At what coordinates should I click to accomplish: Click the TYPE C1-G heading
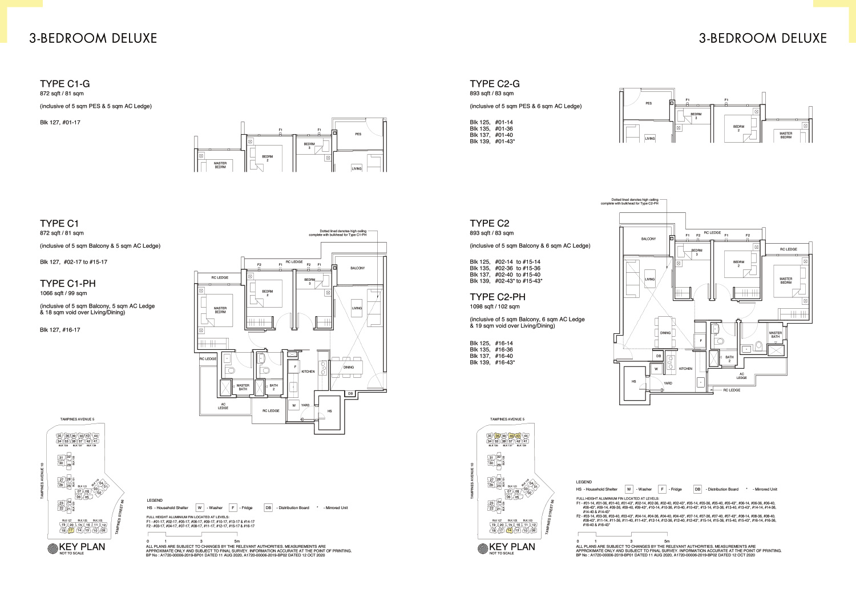click(x=64, y=84)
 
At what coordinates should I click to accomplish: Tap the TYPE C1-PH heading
click(x=67, y=284)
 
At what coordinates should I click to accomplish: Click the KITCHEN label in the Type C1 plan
click(x=308, y=372)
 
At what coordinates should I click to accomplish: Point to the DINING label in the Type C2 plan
click(x=665, y=333)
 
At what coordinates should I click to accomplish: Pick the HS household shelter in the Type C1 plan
click(x=329, y=411)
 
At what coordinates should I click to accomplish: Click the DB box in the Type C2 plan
click(x=659, y=356)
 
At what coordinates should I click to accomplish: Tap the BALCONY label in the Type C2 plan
click(x=648, y=239)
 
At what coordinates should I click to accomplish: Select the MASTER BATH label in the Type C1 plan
click(x=243, y=387)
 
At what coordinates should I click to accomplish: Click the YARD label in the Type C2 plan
click(x=668, y=383)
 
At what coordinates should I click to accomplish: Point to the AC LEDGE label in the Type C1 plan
click(x=223, y=406)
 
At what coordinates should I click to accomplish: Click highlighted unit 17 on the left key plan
click(x=71, y=530)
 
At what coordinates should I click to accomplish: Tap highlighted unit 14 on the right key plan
click(x=510, y=530)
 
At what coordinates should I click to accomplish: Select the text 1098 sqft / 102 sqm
click(x=494, y=306)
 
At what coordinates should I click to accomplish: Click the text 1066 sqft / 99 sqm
click(x=63, y=293)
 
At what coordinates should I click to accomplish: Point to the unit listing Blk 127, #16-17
click(x=60, y=330)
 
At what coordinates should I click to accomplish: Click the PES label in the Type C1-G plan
click(x=358, y=134)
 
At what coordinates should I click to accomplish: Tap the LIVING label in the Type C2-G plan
click(x=650, y=138)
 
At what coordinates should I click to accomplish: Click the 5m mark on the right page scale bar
click(x=667, y=541)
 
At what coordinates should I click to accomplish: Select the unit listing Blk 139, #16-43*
click(x=492, y=362)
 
